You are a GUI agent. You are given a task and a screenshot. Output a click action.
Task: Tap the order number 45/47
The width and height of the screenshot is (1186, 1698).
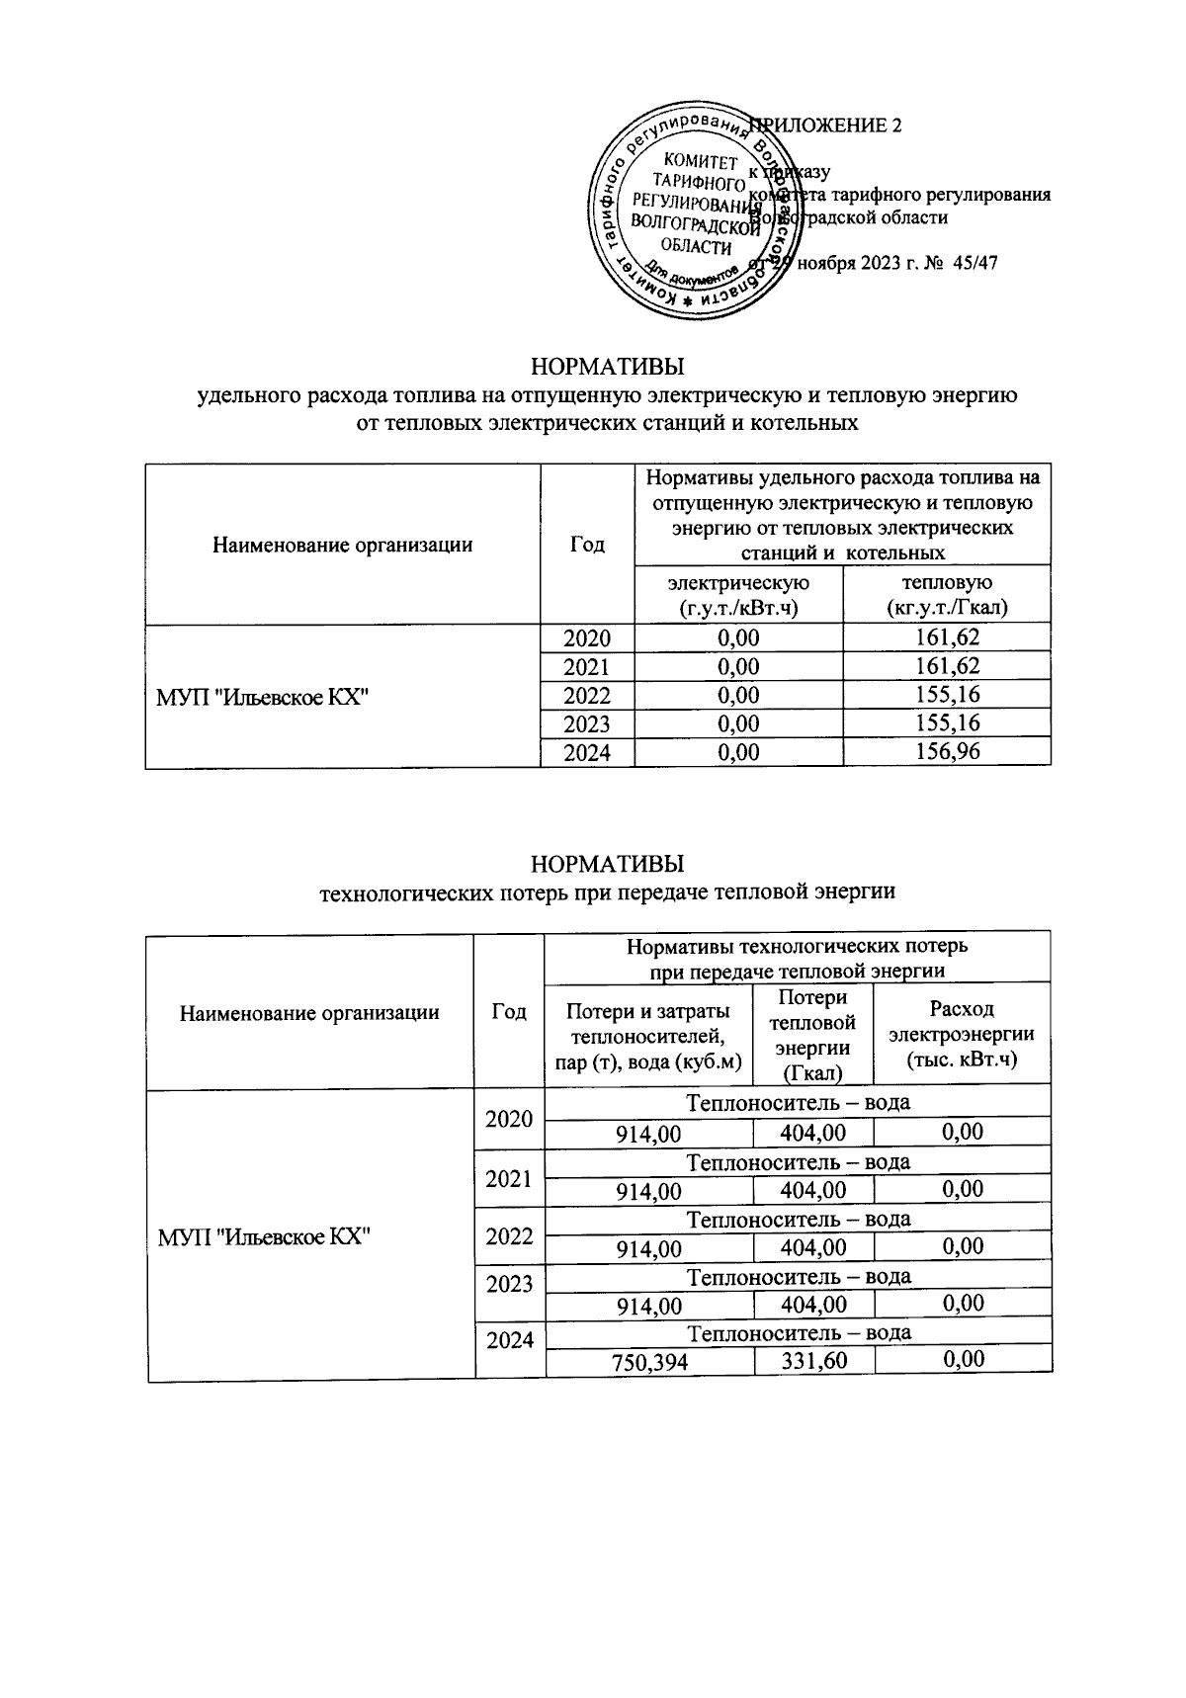[977, 265]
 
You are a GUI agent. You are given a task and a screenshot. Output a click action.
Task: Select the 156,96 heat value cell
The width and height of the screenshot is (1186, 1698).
[946, 753]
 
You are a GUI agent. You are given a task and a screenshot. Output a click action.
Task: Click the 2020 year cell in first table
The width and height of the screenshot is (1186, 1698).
[587, 638]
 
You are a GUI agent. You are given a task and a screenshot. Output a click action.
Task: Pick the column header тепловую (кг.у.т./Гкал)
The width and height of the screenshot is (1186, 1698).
[946, 595]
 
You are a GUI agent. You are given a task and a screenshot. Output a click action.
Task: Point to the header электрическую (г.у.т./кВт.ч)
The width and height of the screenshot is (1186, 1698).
[738, 595]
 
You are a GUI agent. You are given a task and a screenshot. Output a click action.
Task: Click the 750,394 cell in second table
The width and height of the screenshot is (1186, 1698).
[649, 1362]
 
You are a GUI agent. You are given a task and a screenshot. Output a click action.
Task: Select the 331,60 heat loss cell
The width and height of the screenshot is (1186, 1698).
[813, 1361]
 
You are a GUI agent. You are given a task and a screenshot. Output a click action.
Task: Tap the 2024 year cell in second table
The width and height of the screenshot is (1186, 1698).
[509, 1341]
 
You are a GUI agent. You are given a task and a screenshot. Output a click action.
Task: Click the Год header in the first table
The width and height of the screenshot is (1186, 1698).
[587, 545]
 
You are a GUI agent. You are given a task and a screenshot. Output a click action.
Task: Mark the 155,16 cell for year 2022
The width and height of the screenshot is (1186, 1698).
[946, 695]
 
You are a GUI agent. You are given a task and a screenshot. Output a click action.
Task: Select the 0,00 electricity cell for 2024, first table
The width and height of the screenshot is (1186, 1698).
[738, 753]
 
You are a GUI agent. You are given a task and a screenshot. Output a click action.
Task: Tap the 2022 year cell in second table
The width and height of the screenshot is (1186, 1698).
[509, 1236]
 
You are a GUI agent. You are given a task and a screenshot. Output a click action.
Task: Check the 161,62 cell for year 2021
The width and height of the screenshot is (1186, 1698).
[946, 667]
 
